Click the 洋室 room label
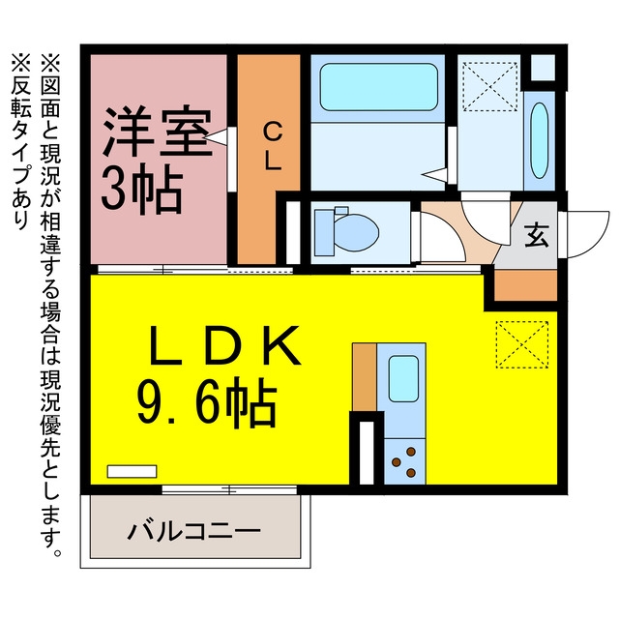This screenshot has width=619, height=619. point(156,132)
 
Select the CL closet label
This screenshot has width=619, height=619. point(272,146)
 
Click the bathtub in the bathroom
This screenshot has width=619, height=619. point(378,87)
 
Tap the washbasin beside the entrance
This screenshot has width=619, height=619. point(540,140)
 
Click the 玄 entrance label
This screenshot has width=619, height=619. point(537,235)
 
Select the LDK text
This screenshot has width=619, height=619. point(224,345)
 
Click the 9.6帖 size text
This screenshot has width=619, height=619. point(206,402)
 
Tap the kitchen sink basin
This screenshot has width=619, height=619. point(403,378)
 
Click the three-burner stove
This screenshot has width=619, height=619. point(404,461)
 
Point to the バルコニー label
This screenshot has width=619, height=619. point(193,531)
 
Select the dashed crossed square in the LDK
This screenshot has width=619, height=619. point(522,344)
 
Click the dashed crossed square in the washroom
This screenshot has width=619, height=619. point(489,86)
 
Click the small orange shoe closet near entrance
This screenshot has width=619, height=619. point(525,285)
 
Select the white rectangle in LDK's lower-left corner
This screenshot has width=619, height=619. point(132,471)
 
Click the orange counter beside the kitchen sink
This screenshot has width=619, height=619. point(365,377)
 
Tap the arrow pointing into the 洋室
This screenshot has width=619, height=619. point(216,136)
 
